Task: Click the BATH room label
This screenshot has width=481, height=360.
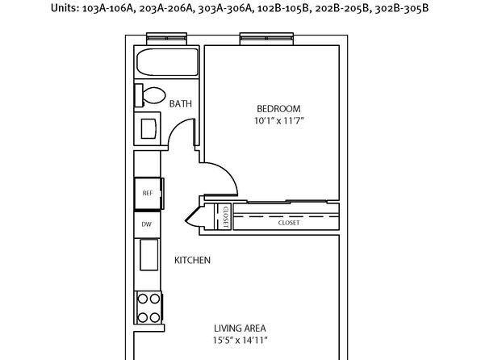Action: coord(181,104)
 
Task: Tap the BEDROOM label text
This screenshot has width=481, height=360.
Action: coord(278,109)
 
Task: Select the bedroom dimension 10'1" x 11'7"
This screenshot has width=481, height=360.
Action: coord(278,120)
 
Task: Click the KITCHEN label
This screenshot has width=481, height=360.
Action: coord(192,260)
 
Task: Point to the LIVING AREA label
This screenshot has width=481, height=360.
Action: coord(240,329)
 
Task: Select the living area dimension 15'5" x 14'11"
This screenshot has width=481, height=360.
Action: coord(240,341)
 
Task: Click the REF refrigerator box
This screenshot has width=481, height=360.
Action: coord(148,194)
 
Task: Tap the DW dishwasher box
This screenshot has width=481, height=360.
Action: coord(147,224)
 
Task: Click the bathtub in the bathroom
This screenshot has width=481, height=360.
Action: coord(168,62)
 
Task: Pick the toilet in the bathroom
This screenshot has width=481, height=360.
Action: coord(150,95)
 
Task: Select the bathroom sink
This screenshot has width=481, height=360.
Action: coord(148,128)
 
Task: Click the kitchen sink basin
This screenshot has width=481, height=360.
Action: coord(149,255)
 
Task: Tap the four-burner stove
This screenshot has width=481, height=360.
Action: coord(148,308)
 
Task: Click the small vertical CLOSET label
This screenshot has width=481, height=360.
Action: coord(226,216)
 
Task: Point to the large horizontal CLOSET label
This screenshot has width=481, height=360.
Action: coord(289,223)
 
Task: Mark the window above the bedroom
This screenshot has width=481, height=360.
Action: coord(266,39)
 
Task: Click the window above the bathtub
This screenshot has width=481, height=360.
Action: coord(166,39)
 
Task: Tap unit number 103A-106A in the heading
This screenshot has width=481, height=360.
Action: coord(109,8)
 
